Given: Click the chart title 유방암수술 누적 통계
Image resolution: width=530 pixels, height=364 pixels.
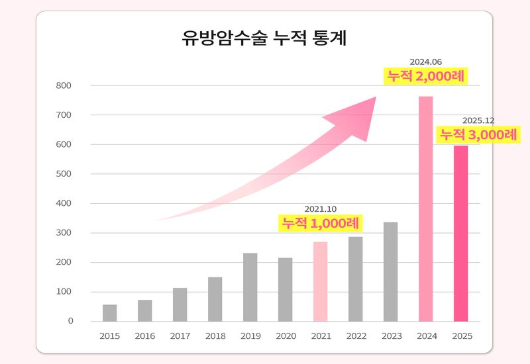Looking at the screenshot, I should [264, 38].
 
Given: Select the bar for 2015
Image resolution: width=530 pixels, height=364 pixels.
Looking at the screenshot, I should [110, 313].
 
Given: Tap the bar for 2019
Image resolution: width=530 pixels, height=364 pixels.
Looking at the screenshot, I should [250, 287].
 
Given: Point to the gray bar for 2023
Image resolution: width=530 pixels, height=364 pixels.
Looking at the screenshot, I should [391, 272].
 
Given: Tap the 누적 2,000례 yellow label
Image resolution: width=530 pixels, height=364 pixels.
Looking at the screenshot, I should [427, 76].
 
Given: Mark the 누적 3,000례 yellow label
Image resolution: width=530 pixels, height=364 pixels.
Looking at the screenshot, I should [478, 134].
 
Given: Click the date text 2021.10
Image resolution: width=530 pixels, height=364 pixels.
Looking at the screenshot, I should [321, 209].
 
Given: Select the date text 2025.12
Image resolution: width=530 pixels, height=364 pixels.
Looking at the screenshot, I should [478, 120].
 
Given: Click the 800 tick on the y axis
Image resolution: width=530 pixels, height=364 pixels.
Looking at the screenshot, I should [64, 86].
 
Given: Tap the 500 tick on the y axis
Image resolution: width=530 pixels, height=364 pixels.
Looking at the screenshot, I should [64, 174].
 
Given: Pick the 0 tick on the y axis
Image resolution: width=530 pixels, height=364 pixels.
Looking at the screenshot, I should [70, 322].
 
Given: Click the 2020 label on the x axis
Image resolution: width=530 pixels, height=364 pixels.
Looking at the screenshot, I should [286, 336].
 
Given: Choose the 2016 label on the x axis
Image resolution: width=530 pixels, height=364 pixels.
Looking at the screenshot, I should [145, 336].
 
